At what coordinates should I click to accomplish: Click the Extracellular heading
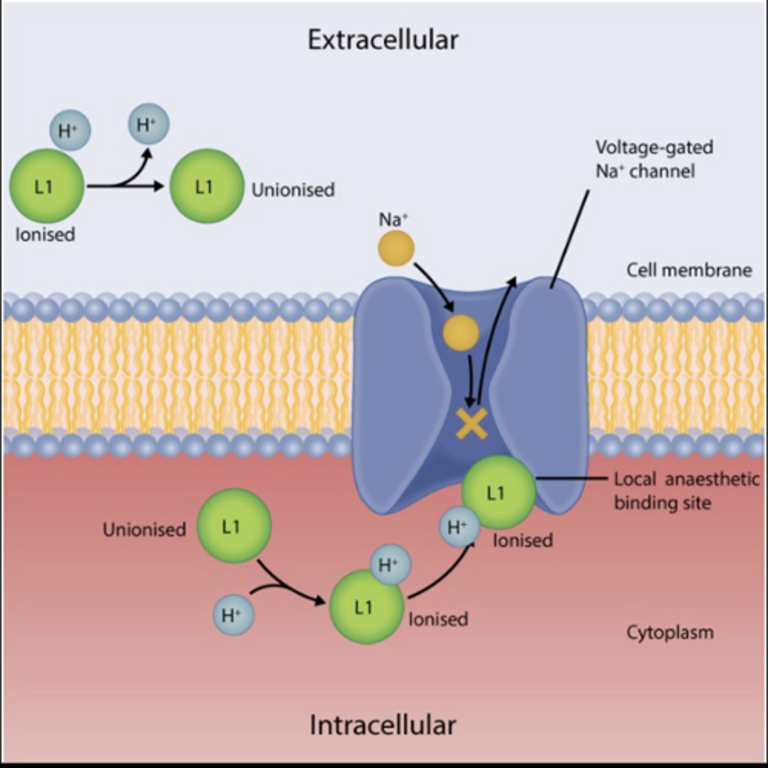pyautogui.click(x=383, y=40)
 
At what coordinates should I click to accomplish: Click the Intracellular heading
pyautogui.click(x=383, y=725)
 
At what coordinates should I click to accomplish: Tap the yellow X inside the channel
pyautogui.click(x=472, y=423)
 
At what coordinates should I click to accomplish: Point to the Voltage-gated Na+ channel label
pyautogui.click(x=653, y=159)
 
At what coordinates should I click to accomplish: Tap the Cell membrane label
pyautogui.click(x=689, y=269)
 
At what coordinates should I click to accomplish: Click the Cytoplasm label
pyautogui.click(x=669, y=633)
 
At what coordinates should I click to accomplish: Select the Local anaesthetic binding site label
pyautogui.click(x=686, y=490)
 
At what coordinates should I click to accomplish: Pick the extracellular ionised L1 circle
pyautogui.click(x=46, y=187)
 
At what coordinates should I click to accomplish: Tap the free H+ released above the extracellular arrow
pyautogui.click(x=148, y=124)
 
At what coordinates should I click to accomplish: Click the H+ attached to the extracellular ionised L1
pyautogui.click(x=70, y=131)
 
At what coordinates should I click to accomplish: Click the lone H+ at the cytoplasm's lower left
pyautogui.click(x=234, y=616)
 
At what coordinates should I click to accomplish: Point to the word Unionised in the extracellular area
pyautogui.click(x=293, y=189)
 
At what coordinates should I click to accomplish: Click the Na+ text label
pyautogui.click(x=393, y=220)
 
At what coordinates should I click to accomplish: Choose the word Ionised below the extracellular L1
pyautogui.click(x=45, y=234)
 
